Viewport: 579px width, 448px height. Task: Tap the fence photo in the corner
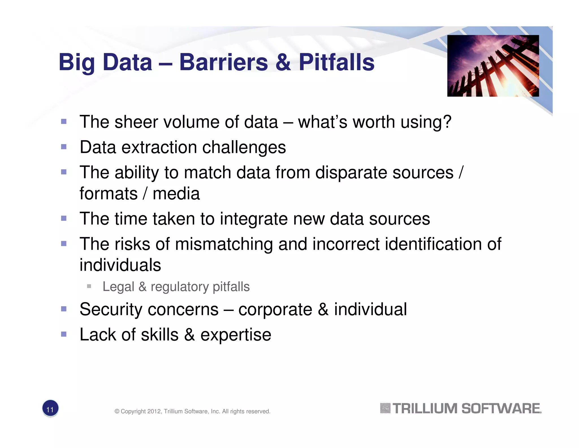point(493,66)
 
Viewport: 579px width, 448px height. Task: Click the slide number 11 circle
point(50,409)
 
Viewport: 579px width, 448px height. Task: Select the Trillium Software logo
point(461,408)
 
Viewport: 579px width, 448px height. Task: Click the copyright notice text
point(192,411)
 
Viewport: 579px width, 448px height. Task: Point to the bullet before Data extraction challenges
point(64,147)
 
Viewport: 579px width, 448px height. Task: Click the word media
point(176,194)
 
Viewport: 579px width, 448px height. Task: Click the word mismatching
point(224,244)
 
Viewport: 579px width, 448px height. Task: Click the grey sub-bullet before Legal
point(89,286)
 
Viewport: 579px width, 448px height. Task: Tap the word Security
point(111,309)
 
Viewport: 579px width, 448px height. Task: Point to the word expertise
point(236,335)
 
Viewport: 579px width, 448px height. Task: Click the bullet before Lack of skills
point(64,334)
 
